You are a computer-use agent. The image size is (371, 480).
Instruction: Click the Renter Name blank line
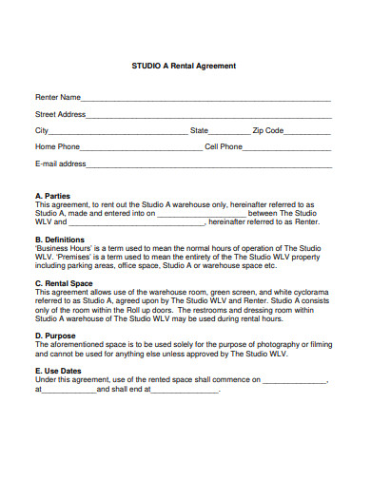(205, 99)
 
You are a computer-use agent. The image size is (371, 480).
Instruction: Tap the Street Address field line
(208, 115)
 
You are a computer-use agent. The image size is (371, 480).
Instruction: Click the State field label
(199, 130)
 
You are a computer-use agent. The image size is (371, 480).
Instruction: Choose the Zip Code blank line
(308, 131)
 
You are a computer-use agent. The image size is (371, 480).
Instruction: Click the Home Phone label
(57, 147)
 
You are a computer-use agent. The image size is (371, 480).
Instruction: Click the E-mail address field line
(208, 164)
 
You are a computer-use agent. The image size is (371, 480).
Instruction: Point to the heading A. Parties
(52, 197)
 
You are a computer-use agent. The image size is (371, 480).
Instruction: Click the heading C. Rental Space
(64, 283)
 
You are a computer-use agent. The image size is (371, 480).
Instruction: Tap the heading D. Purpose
(56, 336)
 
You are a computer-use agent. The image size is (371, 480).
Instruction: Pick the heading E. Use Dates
(58, 371)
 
